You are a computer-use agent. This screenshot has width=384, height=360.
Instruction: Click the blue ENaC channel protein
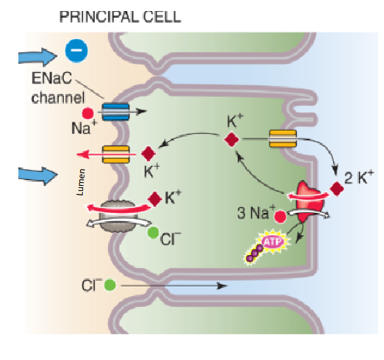pyautogui.click(x=115, y=111)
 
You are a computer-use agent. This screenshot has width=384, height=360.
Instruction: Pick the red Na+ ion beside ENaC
pyautogui.click(x=88, y=113)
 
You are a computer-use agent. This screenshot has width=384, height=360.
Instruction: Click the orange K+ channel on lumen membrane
pyautogui.click(x=116, y=154)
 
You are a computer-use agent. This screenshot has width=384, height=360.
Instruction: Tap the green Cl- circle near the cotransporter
pyautogui.click(x=153, y=233)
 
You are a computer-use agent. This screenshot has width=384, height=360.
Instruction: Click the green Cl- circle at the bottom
pyautogui.click(x=109, y=284)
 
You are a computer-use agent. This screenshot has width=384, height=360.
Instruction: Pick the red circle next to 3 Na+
pyautogui.click(x=280, y=217)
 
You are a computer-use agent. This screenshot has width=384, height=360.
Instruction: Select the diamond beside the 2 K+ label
pyautogui.click(x=337, y=189)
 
